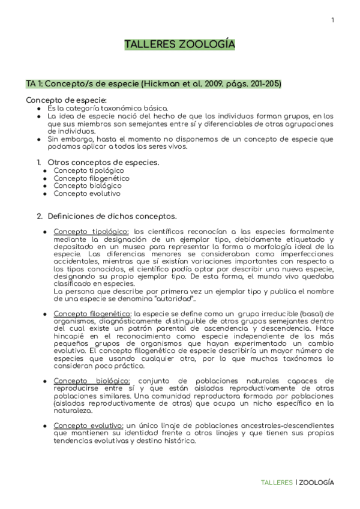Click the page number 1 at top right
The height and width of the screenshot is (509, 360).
click(x=332, y=21)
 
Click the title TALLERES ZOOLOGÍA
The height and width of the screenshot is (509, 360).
click(x=179, y=45)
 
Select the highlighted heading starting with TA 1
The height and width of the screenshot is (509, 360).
click(x=154, y=83)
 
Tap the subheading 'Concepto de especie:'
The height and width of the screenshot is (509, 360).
click(x=67, y=100)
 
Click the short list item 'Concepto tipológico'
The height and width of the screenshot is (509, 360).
click(x=89, y=170)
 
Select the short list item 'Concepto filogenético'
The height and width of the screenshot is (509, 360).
click(x=91, y=178)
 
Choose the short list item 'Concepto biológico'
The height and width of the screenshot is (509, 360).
click(x=88, y=186)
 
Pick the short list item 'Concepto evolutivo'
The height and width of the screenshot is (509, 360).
click(x=87, y=194)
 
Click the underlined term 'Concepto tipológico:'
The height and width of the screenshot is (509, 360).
click(x=91, y=231)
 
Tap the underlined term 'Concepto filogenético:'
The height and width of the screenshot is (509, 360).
click(x=92, y=313)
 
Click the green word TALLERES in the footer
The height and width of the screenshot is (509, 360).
click(x=277, y=483)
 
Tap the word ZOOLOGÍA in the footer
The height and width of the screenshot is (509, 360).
click(x=317, y=483)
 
